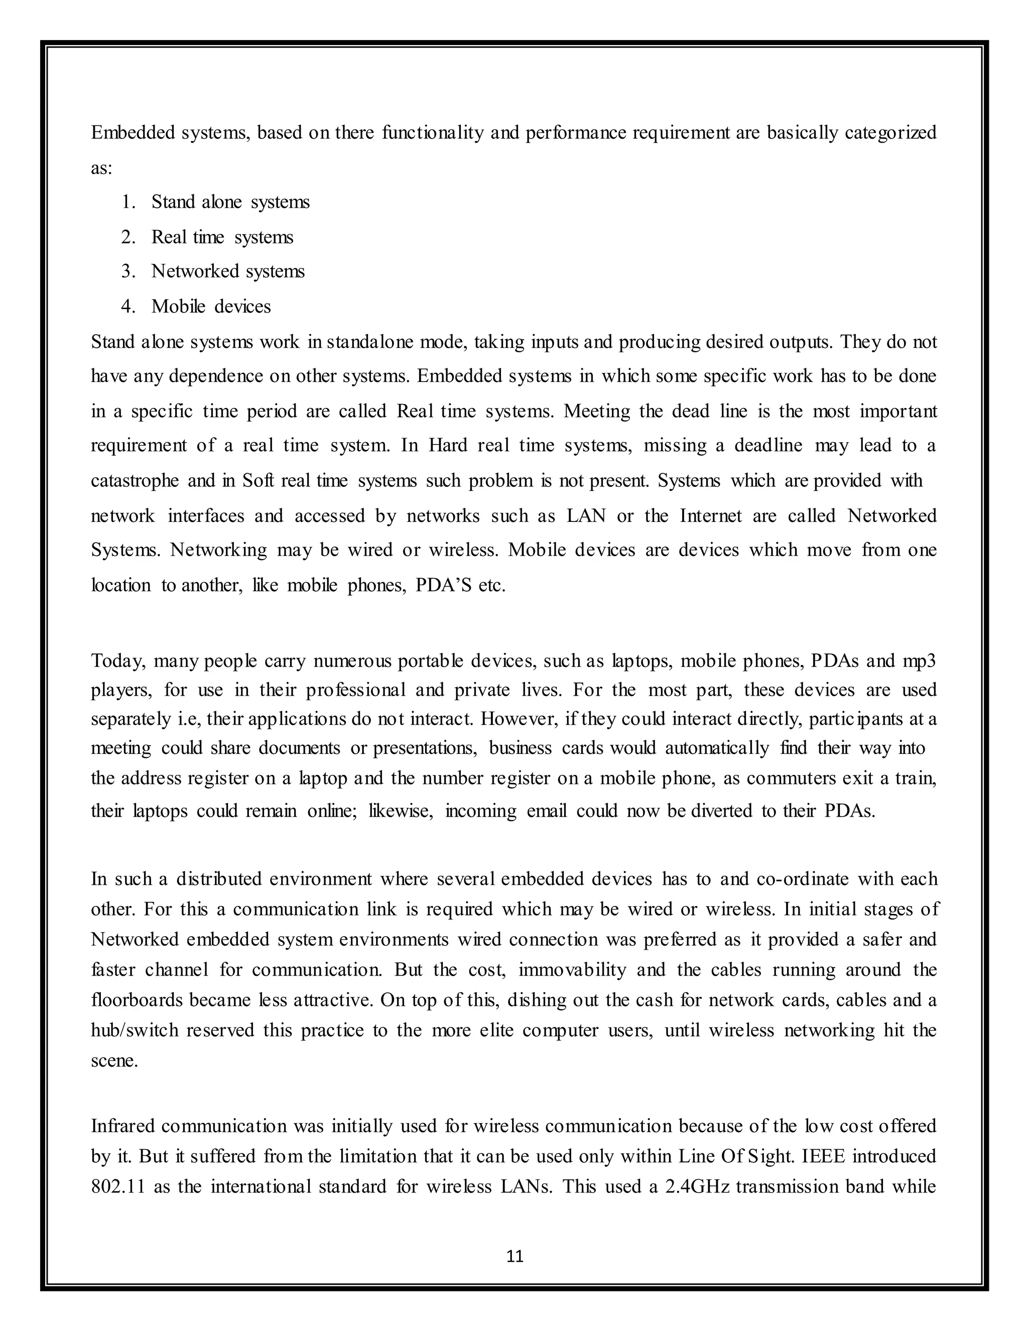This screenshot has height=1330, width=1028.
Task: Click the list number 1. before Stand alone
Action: (128, 202)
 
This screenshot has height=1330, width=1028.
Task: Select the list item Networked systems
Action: (228, 271)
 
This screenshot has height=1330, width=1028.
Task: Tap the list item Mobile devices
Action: (211, 306)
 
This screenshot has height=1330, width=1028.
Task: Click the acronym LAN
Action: (586, 516)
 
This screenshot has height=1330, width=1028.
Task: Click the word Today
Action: (118, 661)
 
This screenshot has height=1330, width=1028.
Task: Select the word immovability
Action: (572, 970)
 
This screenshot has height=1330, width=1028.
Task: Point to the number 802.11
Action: (117, 1186)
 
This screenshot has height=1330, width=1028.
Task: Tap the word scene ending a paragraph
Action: (114, 1061)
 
